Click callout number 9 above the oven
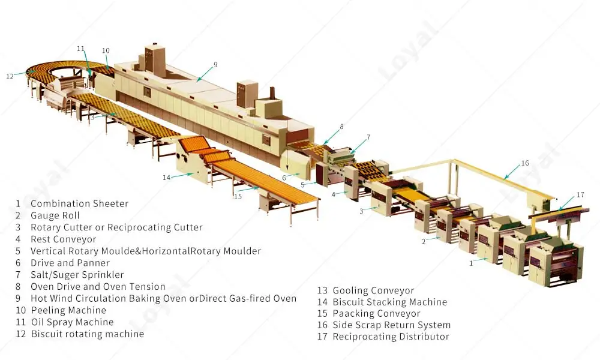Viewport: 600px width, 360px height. pyautogui.click(x=215, y=64)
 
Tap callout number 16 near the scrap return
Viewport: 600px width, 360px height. pyautogui.click(x=525, y=163)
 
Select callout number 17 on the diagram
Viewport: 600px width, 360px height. pyautogui.click(x=580, y=194)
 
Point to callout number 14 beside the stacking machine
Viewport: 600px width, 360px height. pyautogui.click(x=167, y=177)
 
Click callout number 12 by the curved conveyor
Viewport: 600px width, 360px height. pyautogui.click(x=10, y=76)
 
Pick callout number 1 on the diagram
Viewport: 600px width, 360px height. pyautogui.click(x=471, y=262)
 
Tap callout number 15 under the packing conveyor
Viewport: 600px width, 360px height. pyautogui.click(x=238, y=196)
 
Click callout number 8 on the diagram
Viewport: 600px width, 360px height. pyautogui.click(x=341, y=127)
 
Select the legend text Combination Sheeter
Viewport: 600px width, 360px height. pyautogui.click(x=79, y=204)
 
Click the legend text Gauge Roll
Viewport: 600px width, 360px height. pyautogui.click(x=55, y=215)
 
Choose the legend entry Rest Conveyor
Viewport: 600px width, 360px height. pyautogui.click(x=63, y=239)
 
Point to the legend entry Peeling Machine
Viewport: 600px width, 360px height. pyautogui.click(x=68, y=310)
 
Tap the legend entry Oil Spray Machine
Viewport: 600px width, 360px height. pyautogui.click(x=72, y=322)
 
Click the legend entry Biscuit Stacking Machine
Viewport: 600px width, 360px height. pyautogui.click(x=390, y=302)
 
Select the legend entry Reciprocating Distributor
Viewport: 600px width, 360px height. pyautogui.click(x=391, y=337)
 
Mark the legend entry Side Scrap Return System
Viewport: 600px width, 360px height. pyautogui.click(x=391, y=325)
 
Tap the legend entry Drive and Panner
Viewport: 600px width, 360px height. pyautogui.click(x=70, y=263)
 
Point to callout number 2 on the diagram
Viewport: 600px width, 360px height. pyautogui.click(x=424, y=242)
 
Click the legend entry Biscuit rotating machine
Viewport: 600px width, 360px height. pyautogui.click(x=88, y=334)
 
